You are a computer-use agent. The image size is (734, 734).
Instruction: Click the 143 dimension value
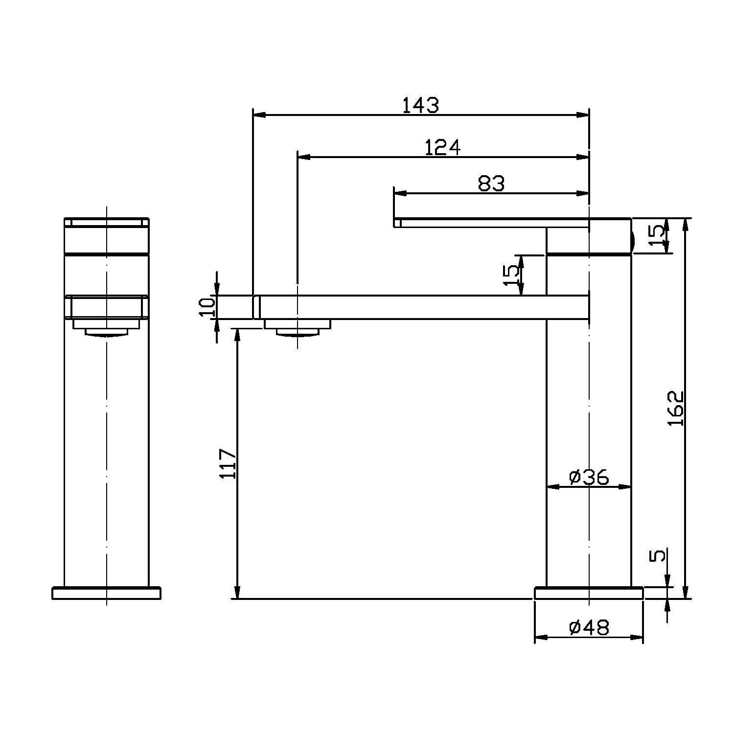[421, 105]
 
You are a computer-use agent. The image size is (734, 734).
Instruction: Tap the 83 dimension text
[491, 183]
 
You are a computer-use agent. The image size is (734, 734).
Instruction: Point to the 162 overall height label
[675, 408]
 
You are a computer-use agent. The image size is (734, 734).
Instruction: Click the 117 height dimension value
[229, 463]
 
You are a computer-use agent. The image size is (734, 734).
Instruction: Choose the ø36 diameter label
[589, 477]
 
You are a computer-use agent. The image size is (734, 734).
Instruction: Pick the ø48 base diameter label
[589, 627]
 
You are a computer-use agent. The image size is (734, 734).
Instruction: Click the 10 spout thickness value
[207, 307]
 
